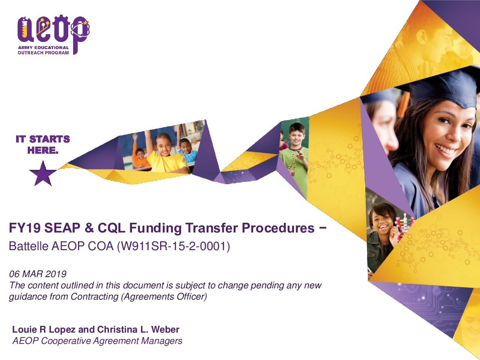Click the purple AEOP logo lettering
click(x=53, y=31)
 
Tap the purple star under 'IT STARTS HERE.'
click(x=43, y=174)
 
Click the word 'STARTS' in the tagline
click(x=49, y=139)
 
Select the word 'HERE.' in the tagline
click(x=43, y=150)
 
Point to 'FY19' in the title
click(x=25, y=228)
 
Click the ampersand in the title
click(x=89, y=228)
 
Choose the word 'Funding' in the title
click(x=155, y=228)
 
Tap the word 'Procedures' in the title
click(x=278, y=228)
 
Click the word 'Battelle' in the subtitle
click(x=28, y=246)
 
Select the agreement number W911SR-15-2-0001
click(x=174, y=246)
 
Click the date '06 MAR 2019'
click(x=37, y=274)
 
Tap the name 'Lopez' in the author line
click(x=62, y=330)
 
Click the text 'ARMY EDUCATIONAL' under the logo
click(x=43, y=47)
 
